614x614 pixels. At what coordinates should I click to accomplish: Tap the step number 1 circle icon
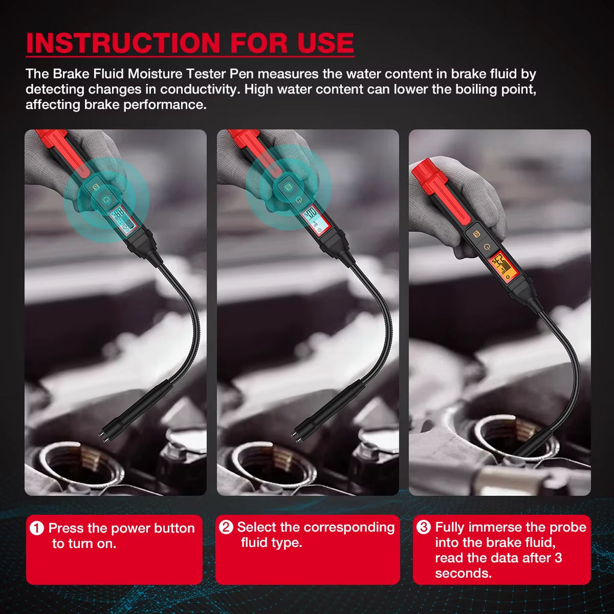click(x=37, y=528)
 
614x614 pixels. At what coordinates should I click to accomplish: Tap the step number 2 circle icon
click(x=226, y=528)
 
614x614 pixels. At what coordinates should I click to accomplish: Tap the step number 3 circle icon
click(x=424, y=528)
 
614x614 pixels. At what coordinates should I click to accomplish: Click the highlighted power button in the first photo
click(x=107, y=200)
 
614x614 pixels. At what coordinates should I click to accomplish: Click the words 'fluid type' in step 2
click(x=271, y=543)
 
